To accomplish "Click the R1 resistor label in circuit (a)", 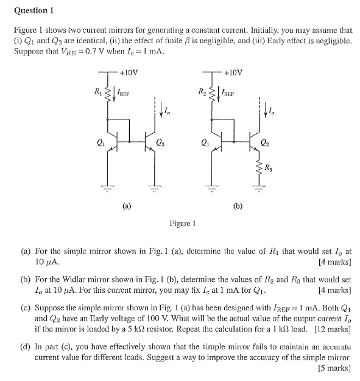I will pos(97,92).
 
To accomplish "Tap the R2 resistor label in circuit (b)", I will pos(202,92).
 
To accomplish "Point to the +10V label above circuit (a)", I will pos(129,72).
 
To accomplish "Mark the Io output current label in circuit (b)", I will pos(271,110).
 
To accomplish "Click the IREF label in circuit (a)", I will pos(122,94).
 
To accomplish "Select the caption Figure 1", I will pos(182,223).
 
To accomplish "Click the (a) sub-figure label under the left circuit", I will pos(127,206).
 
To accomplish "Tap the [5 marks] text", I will pos(335,368).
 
